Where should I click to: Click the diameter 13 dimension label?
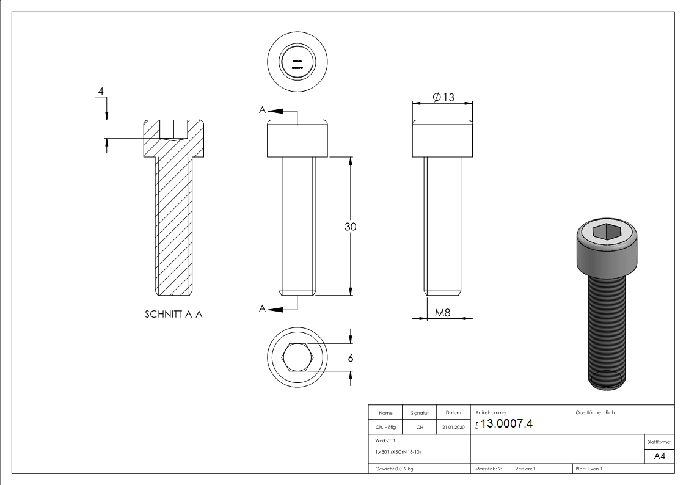click(443, 97)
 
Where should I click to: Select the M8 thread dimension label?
click(442, 313)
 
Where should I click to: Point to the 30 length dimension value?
click(350, 227)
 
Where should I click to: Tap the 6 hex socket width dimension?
click(350, 359)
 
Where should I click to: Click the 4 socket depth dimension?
click(101, 92)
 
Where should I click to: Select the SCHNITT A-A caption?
click(173, 315)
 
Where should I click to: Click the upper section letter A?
click(262, 111)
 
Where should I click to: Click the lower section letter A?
click(262, 309)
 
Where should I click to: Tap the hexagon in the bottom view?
click(297, 358)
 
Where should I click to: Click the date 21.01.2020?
click(453, 428)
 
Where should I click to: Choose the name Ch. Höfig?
click(385, 428)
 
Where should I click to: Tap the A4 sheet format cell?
click(659, 456)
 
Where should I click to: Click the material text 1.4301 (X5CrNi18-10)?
click(398, 452)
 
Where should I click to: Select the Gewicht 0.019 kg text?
click(394, 469)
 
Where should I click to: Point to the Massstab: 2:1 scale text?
click(489, 469)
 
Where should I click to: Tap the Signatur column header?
click(420, 414)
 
